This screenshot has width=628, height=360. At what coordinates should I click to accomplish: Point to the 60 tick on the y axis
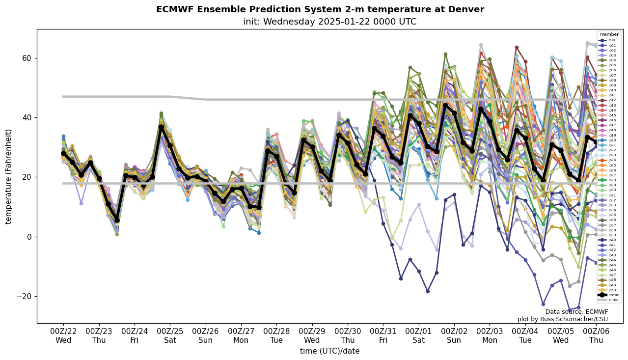point(27,58)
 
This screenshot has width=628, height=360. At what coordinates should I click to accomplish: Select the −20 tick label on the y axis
point(24,296)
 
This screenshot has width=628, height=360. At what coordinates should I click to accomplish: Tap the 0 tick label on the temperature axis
point(29,237)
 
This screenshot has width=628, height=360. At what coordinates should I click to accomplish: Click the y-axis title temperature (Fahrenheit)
point(9,176)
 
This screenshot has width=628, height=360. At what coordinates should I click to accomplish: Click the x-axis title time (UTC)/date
point(329,351)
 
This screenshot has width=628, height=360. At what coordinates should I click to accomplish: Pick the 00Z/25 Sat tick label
point(170,335)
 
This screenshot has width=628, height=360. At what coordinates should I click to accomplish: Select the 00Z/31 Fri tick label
point(383,335)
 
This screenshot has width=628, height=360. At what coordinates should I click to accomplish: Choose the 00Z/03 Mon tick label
point(490,335)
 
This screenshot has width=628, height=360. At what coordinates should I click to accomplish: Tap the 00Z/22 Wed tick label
point(63,335)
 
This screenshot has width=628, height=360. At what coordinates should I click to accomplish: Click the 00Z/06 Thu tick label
point(597,335)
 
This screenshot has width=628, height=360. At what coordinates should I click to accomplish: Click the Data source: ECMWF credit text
point(576,312)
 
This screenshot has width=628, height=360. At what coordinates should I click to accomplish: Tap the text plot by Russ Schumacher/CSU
point(563,319)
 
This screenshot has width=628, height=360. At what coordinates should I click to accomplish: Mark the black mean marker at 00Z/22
point(63,154)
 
